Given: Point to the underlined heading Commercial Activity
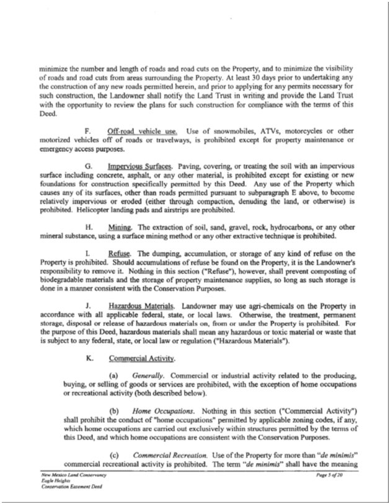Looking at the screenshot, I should (133, 358).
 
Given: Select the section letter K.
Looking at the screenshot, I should (86, 358).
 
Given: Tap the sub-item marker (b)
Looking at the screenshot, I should (114, 412).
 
